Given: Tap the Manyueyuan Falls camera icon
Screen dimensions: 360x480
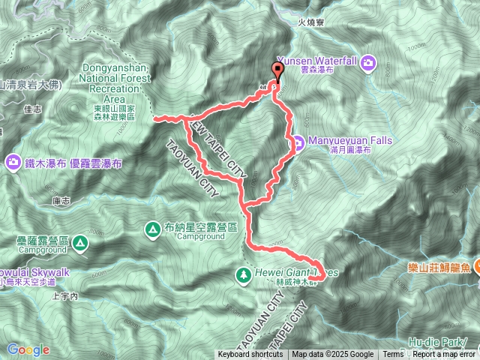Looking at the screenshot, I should (x=298, y=141).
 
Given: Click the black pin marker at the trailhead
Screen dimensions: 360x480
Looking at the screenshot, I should (x=277, y=73).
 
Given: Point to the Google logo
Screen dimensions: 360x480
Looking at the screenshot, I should (x=28, y=349).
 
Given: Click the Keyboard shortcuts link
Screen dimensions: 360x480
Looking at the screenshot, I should (x=250, y=355).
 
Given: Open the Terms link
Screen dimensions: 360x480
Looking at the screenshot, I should (x=393, y=355).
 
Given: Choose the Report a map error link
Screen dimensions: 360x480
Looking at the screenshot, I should (x=444, y=355).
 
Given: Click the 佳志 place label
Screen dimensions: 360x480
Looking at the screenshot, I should (x=32, y=109).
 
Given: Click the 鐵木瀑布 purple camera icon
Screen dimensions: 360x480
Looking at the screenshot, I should (x=13, y=161).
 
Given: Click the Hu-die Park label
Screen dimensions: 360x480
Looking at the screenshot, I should (x=442, y=341).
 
